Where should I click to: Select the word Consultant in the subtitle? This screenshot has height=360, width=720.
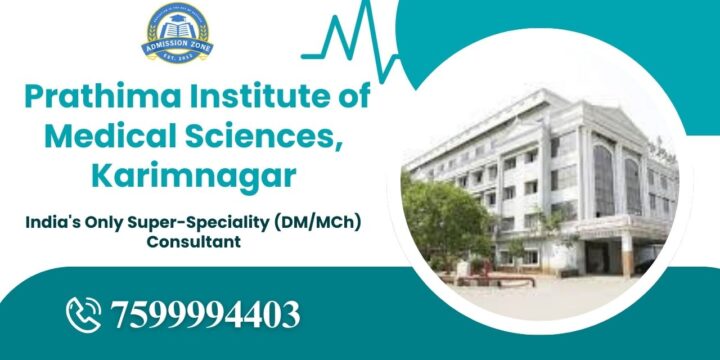[x=193, y=242]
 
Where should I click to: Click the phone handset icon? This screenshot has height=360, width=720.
[x=86, y=314]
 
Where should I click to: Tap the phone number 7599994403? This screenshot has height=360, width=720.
[x=206, y=315]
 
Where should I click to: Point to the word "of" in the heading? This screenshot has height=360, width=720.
[x=352, y=98]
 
